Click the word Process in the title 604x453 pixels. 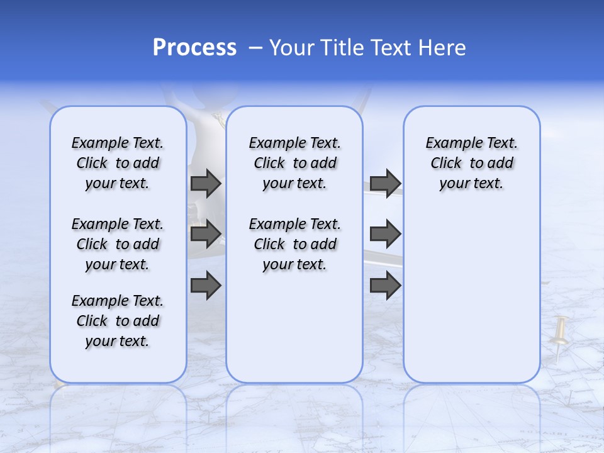[194, 48]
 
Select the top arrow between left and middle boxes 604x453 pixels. [206, 184]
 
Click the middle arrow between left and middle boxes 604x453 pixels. [206, 234]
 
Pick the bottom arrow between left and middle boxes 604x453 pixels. [206, 286]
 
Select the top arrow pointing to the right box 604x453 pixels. [385, 184]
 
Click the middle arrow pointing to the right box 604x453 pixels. [385, 234]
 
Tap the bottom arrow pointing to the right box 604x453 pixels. [385, 286]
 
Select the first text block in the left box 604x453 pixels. [118, 163]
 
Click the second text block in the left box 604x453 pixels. [118, 244]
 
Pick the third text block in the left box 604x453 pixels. [118, 321]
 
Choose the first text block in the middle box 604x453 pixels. [294, 163]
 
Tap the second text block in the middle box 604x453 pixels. [294, 244]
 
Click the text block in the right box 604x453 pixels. [471, 163]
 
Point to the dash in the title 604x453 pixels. [255, 48]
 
